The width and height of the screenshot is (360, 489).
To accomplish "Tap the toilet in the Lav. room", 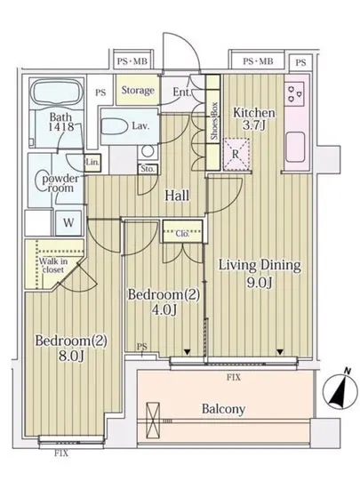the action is pyautogui.click(x=116, y=127).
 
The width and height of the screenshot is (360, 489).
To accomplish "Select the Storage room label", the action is pyautogui.click(x=138, y=91).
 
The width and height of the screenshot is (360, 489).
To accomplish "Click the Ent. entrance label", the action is pyautogui.click(x=181, y=92).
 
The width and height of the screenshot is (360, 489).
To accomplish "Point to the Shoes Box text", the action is pyautogui.click(x=214, y=121).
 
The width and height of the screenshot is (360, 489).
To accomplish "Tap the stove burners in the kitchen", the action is pyautogui.click(x=295, y=93).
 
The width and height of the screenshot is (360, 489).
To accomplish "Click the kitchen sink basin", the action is pyautogui.click(x=294, y=147).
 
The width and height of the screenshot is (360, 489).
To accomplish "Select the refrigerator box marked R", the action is pyautogui.click(x=236, y=155).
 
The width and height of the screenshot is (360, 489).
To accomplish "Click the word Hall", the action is pyautogui.click(x=177, y=196).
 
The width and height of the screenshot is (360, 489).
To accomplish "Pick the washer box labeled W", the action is pyautogui.click(x=68, y=222).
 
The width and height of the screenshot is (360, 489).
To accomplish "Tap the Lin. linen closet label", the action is pyautogui.click(x=92, y=163).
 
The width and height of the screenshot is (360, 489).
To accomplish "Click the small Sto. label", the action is pyautogui.click(x=148, y=169).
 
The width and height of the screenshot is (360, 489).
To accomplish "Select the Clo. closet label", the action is pyautogui.click(x=182, y=233).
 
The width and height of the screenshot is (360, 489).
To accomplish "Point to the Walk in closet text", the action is pyautogui.click(x=53, y=266).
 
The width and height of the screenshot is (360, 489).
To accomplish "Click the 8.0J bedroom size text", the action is pyautogui.click(x=71, y=356).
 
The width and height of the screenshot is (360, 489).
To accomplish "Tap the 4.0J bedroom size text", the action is pyautogui.click(x=164, y=309).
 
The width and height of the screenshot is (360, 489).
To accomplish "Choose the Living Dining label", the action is pyautogui.click(x=260, y=266).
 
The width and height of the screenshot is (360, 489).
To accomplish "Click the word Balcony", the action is pyautogui.click(x=223, y=409).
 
